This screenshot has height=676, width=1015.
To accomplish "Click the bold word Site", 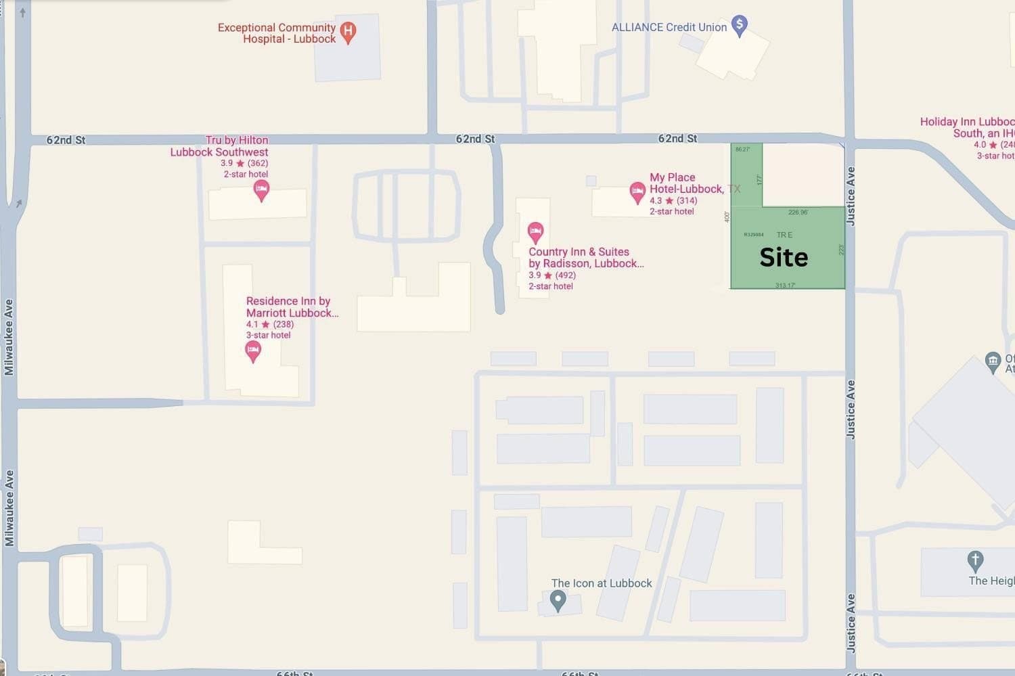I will click(784, 257).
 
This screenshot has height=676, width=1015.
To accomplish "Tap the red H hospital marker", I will click(348, 31).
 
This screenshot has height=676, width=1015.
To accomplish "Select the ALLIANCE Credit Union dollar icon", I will click(740, 26).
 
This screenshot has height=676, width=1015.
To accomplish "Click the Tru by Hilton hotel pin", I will click(261, 190).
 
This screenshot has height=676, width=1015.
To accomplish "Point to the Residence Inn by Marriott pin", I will click(253, 351).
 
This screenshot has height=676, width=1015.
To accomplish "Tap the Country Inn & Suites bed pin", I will click(535, 232).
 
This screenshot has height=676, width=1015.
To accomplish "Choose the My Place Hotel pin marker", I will click(637, 191).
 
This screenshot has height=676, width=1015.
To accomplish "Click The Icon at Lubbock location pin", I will click(558, 600).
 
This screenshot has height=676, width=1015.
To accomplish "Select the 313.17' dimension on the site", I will click(785, 286).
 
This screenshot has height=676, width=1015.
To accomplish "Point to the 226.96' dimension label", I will click(798, 212).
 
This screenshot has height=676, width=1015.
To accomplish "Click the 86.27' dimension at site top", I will click(742, 149).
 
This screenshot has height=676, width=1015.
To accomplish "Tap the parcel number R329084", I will click(753, 235).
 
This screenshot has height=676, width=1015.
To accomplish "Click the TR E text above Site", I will click(784, 235).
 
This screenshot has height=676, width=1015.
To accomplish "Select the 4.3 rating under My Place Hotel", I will click(656, 201).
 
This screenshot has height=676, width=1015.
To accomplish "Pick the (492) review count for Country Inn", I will click(565, 275).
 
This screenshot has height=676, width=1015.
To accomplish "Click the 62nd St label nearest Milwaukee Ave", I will click(66, 140).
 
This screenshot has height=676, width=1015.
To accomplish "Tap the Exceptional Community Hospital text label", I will click(277, 33).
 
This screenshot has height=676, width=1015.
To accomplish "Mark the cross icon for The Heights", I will click(974, 560).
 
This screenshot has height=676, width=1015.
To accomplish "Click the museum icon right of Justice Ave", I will click(993, 361).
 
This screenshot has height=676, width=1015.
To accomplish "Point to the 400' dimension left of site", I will click(727, 217).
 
